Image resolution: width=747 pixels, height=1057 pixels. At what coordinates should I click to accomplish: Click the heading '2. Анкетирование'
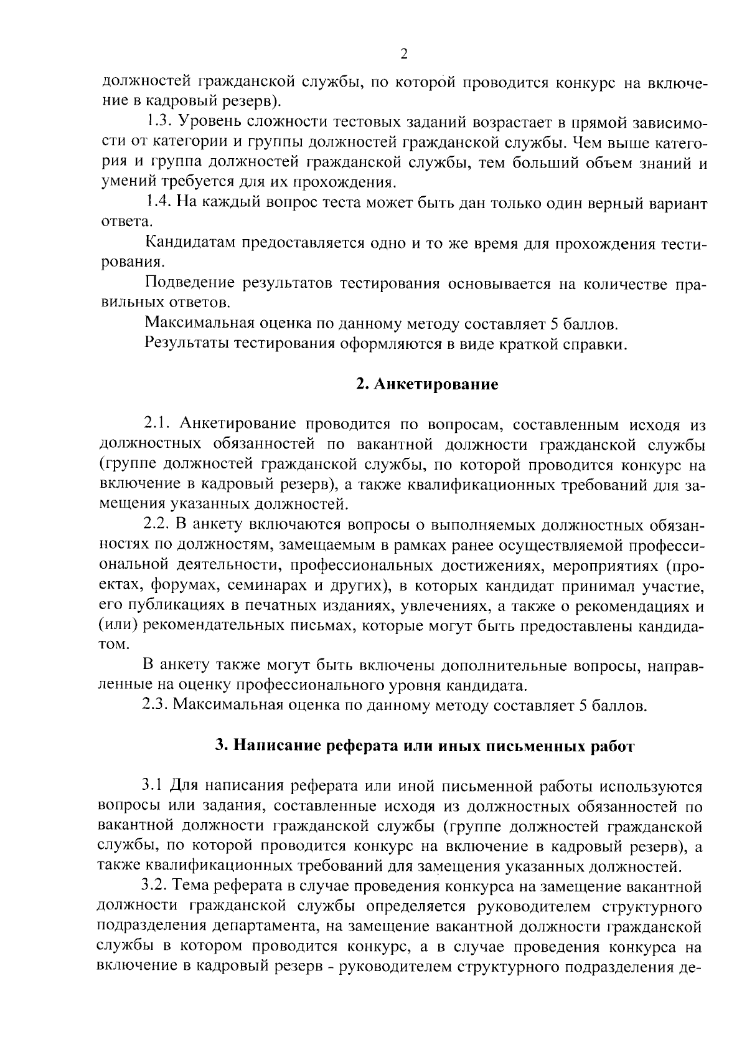click(x=427, y=384)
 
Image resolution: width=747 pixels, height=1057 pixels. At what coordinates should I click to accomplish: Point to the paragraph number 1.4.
click(x=158, y=202)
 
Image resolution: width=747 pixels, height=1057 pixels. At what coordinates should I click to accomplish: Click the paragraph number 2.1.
click(x=157, y=425)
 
